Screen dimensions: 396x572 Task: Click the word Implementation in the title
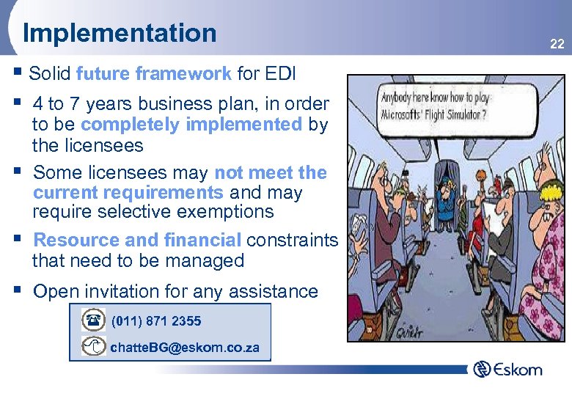click(120, 33)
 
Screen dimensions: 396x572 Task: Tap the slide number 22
click(557, 45)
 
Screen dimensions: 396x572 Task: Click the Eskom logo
click(507, 369)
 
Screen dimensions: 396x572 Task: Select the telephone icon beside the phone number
click(94, 321)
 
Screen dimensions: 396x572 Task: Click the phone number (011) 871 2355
click(156, 321)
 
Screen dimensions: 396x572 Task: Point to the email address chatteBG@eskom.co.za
click(184, 347)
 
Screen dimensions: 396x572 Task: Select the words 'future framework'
click(153, 73)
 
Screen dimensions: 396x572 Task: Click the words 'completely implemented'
click(191, 125)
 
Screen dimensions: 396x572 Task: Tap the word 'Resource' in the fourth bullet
click(73, 240)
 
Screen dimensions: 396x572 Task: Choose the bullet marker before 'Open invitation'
click(18, 290)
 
